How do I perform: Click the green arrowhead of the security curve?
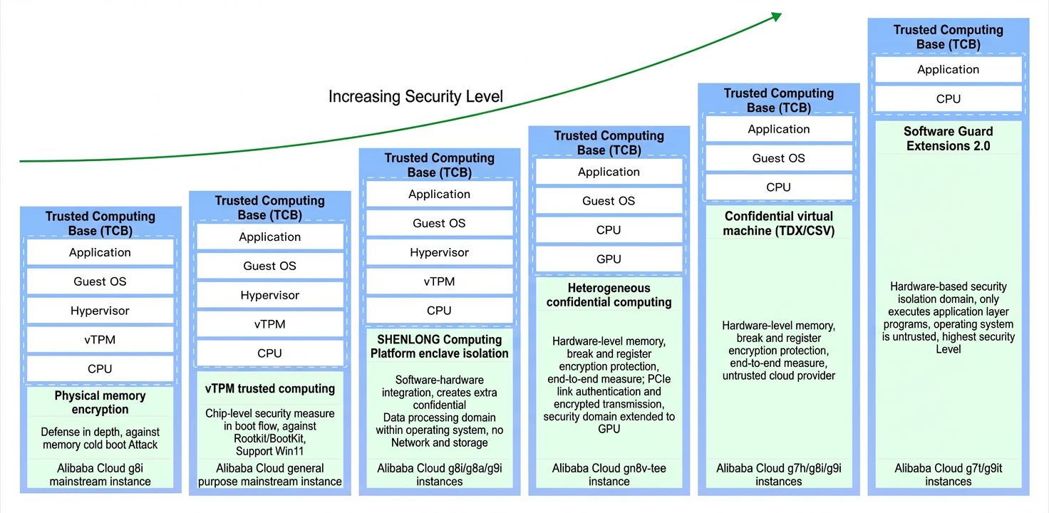coord(777,17)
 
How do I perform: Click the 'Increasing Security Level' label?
coord(415,96)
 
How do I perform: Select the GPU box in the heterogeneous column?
coord(609,259)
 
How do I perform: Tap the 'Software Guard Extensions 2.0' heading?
coord(949,138)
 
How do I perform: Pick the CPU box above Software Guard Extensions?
coord(949,99)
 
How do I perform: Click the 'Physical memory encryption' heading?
coord(100,403)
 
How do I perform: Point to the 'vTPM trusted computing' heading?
coord(270,388)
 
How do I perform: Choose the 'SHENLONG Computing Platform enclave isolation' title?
coord(439,346)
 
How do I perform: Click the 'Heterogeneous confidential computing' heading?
coord(609,295)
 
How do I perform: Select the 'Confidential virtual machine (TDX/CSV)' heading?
coord(779,223)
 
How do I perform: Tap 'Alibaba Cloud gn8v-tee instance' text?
coord(609,475)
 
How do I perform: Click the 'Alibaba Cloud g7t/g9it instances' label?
coord(949,475)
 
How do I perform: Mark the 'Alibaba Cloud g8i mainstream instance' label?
coord(100,475)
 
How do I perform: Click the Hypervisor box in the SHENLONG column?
coord(439,252)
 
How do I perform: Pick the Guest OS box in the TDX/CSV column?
coord(779,158)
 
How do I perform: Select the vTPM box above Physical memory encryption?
coord(100,339)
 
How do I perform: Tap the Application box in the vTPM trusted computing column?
coord(270,237)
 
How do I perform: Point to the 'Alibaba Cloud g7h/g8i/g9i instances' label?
coord(779,475)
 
